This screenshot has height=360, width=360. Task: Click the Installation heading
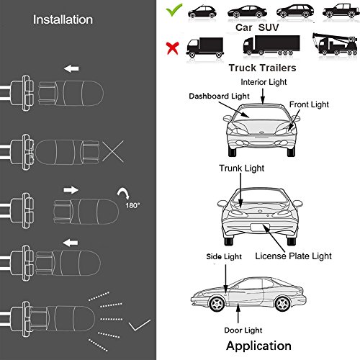point(63,19)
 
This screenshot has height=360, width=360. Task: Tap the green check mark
point(174,10)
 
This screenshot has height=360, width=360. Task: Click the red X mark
point(173,48)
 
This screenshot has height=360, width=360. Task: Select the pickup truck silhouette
point(341,11)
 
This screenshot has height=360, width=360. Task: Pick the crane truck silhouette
point(335,44)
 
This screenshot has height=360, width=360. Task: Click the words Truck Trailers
point(262,68)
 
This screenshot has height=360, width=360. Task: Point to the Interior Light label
point(264,82)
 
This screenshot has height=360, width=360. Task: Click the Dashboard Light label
point(219,96)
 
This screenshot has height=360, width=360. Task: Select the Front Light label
point(309,104)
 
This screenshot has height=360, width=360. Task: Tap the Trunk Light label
point(241,168)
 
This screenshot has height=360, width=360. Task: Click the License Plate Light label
point(293,256)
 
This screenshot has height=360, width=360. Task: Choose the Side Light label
point(224,256)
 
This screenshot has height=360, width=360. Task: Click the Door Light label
point(243,330)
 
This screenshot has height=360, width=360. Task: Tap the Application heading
point(258,346)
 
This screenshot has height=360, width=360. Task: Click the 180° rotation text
point(132,205)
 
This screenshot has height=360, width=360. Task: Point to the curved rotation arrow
point(124,193)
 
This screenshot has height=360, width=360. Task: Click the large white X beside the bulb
point(113,151)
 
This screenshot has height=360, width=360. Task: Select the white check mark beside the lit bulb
point(140,325)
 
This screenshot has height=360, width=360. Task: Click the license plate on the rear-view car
point(260,228)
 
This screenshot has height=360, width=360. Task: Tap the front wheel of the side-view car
point(217,304)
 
